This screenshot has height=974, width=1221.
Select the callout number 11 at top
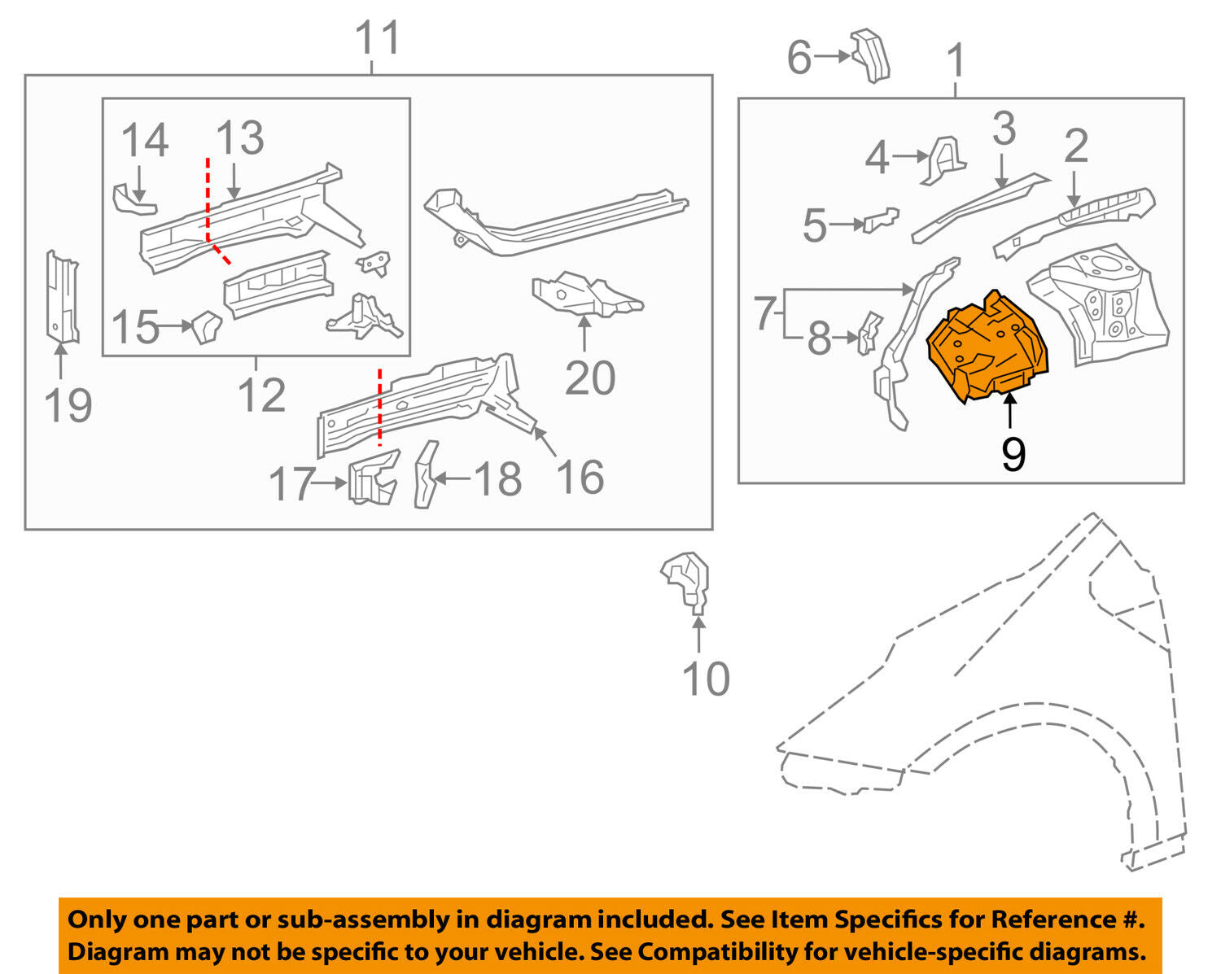(x=378, y=38)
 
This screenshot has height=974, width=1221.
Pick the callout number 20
(x=589, y=378)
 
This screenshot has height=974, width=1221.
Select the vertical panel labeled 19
(x=61, y=297)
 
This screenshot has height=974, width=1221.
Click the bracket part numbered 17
(x=373, y=479)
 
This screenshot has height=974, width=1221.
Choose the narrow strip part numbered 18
(x=425, y=474)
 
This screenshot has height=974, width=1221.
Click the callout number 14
(x=145, y=141)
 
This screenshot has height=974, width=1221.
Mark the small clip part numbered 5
(x=881, y=220)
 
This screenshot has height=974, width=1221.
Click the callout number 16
(x=580, y=477)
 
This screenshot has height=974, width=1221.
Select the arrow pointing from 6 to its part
(x=832, y=56)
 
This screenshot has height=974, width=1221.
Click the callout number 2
(x=1075, y=146)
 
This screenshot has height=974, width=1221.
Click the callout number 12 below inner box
(x=262, y=395)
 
